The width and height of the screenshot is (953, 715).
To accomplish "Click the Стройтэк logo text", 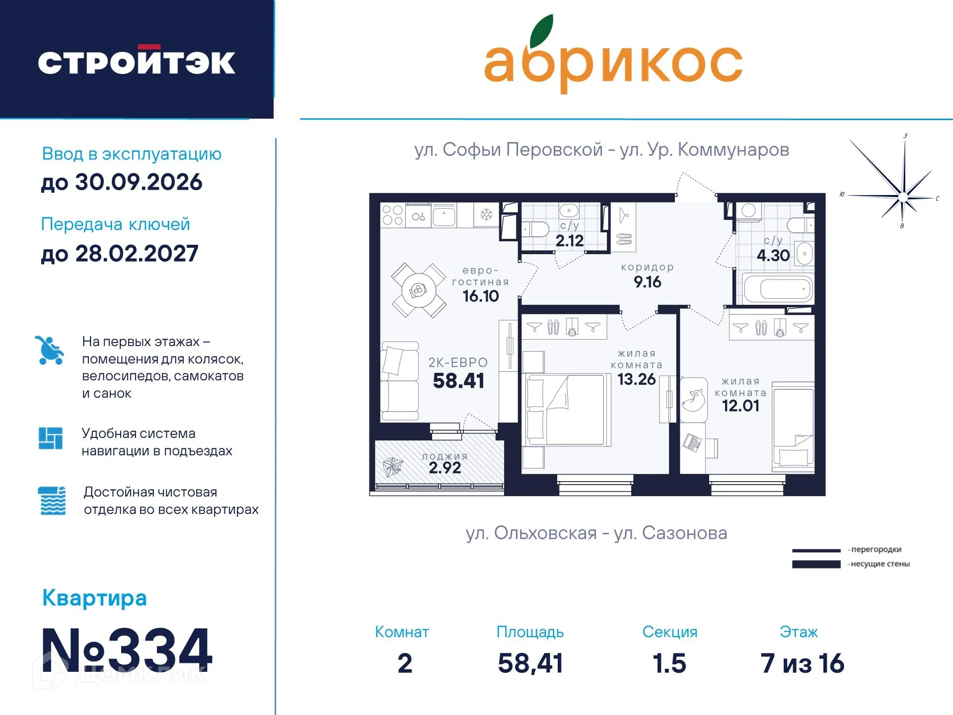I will pyautogui.click(x=137, y=62).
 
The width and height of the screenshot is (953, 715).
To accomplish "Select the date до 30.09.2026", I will pyautogui.click(x=122, y=182).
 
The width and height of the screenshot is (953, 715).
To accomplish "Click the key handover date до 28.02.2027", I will pyautogui.click(x=120, y=254).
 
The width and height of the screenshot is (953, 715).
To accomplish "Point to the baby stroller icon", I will pyautogui.click(x=49, y=351).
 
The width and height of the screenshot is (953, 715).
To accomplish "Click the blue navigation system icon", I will pyautogui.click(x=51, y=438).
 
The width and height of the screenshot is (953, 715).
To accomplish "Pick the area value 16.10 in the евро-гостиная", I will pyautogui.click(x=480, y=296).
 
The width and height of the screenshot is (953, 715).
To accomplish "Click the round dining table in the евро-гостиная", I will pyautogui.click(x=419, y=290).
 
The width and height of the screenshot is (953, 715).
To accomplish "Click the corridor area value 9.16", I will pyautogui.click(x=647, y=282).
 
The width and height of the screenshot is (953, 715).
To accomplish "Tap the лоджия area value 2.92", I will pyautogui.click(x=444, y=468).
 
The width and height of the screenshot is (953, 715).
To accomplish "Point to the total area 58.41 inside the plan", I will pyautogui.click(x=458, y=381).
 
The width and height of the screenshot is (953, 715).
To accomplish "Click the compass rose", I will pyautogui.click(x=902, y=197).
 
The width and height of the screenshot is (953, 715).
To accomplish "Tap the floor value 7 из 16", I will pyautogui.click(x=802, y=663).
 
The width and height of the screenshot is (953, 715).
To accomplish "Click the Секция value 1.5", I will pyautogui.click(x=669, y=663).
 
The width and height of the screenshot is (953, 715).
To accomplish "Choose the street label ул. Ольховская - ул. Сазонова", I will pyautogui.click(x=596, y=533).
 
